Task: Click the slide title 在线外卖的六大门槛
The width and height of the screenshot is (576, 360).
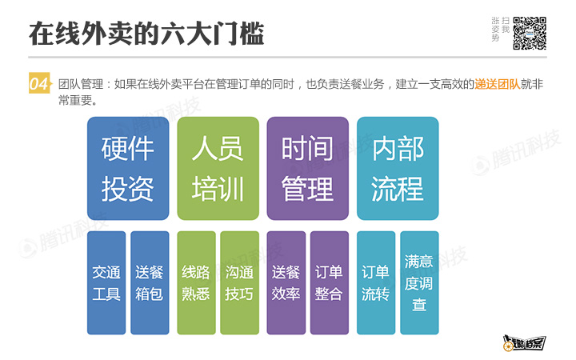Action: click(x=146, y=33)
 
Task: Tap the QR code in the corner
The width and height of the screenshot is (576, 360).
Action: click(x=530, y=33)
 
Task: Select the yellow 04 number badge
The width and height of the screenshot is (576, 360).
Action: click(x=39, y=83)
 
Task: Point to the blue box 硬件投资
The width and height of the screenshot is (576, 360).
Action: click(x=128, y=168)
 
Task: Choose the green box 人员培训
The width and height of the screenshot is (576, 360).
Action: click(x=218, y=168)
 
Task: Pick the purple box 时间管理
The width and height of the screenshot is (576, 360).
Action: click(x=307, y=168)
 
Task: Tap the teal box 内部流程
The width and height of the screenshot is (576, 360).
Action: click(x=398, y=168)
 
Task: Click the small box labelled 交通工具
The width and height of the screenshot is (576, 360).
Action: click(x=106, y=282)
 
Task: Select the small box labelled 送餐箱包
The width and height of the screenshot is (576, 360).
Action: click(x=150, y=282)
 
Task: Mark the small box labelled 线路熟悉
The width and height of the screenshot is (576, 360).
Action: click(x=196, y=282)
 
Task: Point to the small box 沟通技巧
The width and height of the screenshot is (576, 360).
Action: click(x=239, y=282)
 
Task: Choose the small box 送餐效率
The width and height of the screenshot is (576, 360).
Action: click(x=286, y=282)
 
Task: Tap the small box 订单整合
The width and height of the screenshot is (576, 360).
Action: click(x=329, y=282)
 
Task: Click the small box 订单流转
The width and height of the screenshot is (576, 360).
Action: click(x=375, y=282)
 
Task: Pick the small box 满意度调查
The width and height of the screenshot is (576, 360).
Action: click(x=419, y=282)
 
